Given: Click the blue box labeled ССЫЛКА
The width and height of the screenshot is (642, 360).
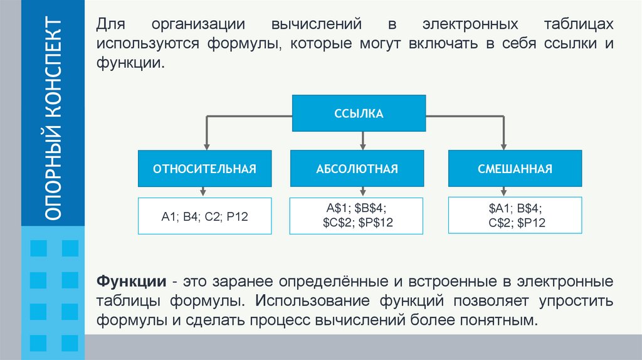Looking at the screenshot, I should pos(359,114).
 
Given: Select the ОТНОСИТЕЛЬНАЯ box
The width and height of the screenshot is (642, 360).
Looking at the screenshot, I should pos(205,169).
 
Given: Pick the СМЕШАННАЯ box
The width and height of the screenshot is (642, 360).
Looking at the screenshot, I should pos(515,169).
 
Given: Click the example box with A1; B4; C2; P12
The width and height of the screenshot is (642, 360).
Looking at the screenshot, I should pos(205,216).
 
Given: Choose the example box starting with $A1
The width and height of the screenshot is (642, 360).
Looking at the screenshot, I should pos(515,216).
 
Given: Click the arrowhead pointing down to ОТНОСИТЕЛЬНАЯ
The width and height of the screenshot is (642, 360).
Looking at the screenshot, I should pos(205,146).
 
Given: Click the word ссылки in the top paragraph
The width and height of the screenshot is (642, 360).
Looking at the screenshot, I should pos(560,45).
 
